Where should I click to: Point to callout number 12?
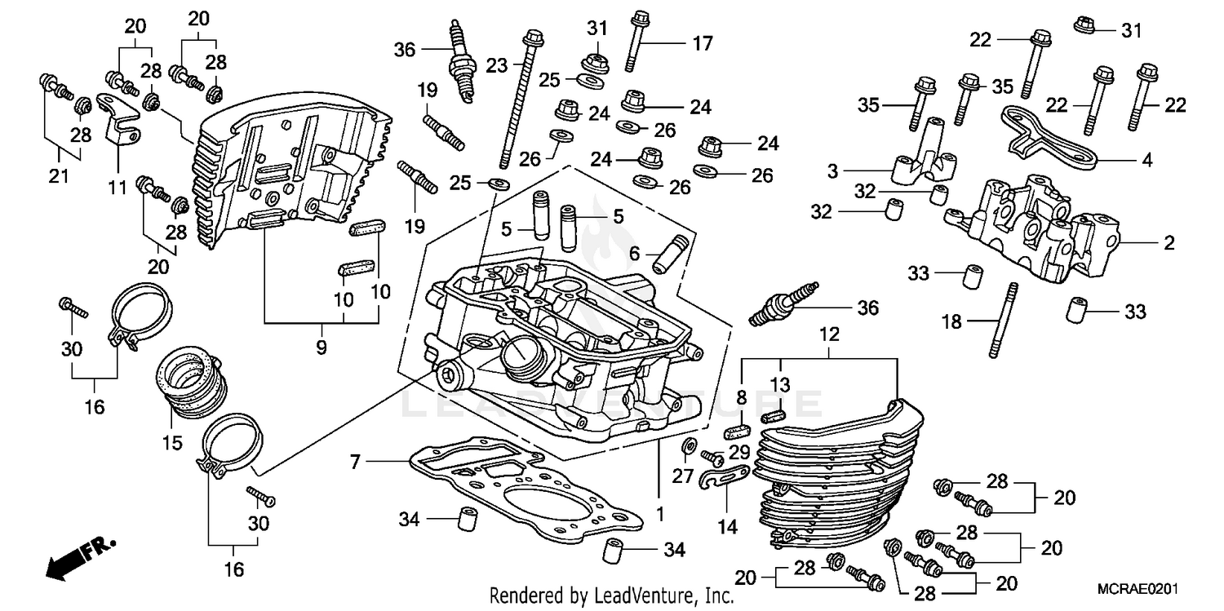click(829, 334)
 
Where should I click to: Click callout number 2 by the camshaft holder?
click(1169, 243)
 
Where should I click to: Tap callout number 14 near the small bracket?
click(727, 527)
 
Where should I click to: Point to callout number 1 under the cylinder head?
click(659, 516)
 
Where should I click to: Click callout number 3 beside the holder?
click(833, 172)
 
